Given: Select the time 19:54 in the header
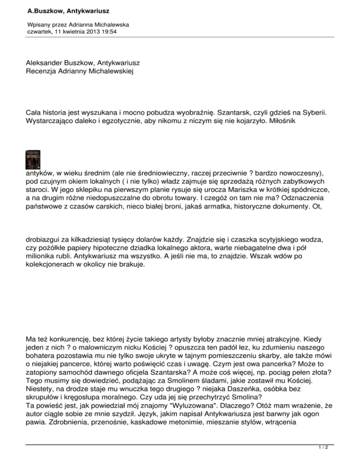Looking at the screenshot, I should click(x=110, y=31).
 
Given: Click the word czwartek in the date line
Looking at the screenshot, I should click(x=42, y=31).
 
